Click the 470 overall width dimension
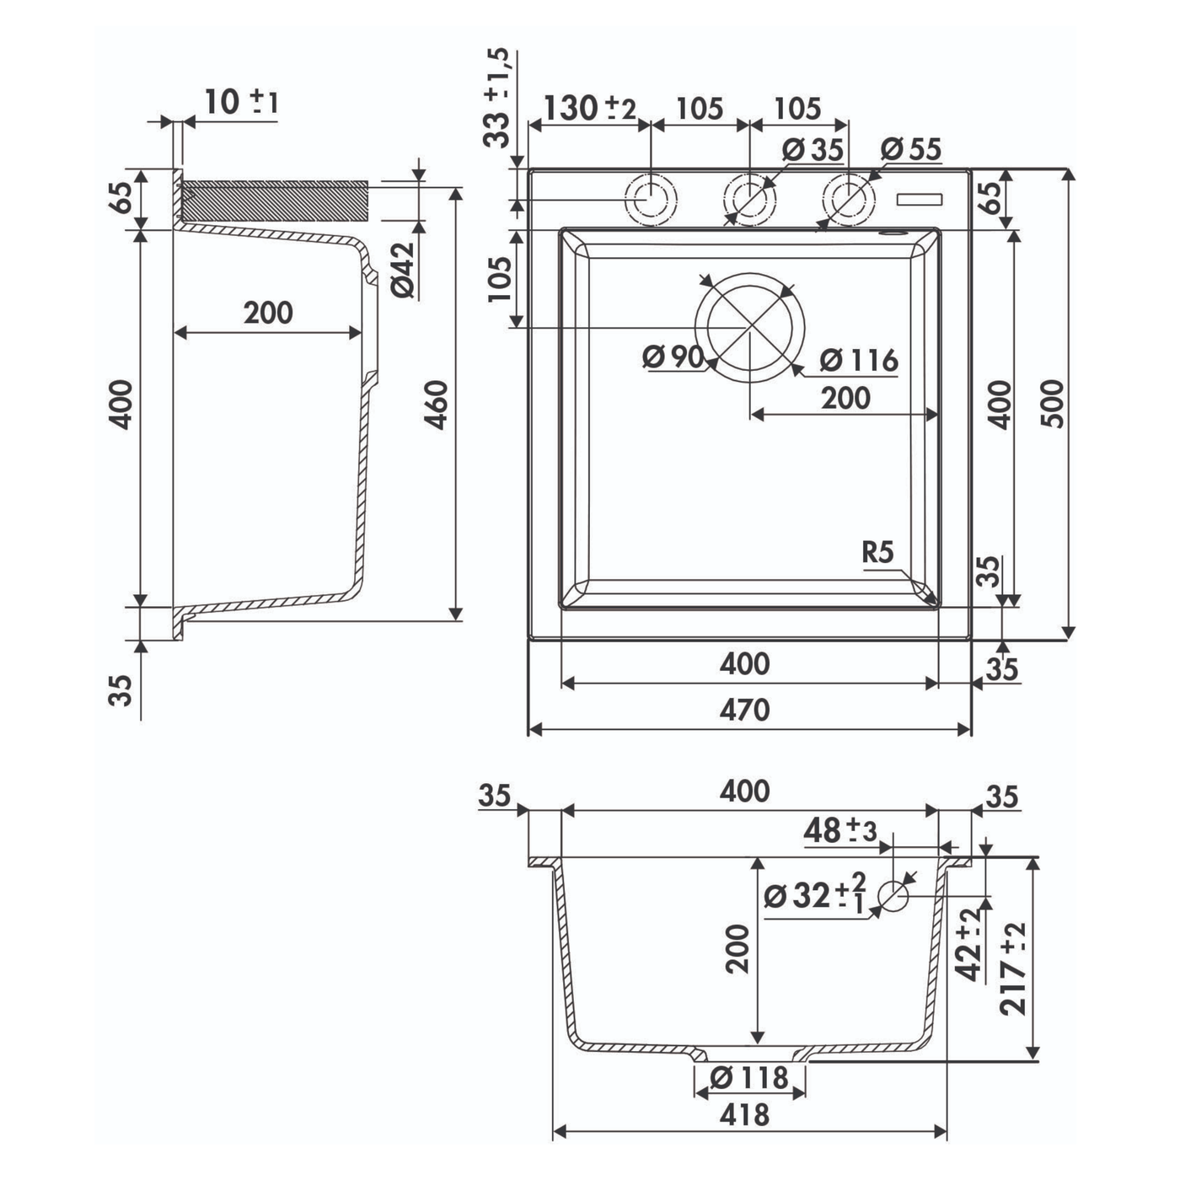point(744,711)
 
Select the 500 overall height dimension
point(1053,404)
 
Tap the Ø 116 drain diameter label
point(859,360)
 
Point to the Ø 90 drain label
point(673,357)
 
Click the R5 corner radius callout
point(877,552)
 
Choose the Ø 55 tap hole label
point(911,149)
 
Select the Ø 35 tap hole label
point(813,149)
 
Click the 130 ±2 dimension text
point(590,109)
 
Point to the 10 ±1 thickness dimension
point(241,102)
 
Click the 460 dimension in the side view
point(437,405)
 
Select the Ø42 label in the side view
point(403,270)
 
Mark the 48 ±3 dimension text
point(840,831)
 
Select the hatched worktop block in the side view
point(275,201)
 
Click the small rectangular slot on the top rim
point(920,200)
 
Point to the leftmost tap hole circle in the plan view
point(651,200)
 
